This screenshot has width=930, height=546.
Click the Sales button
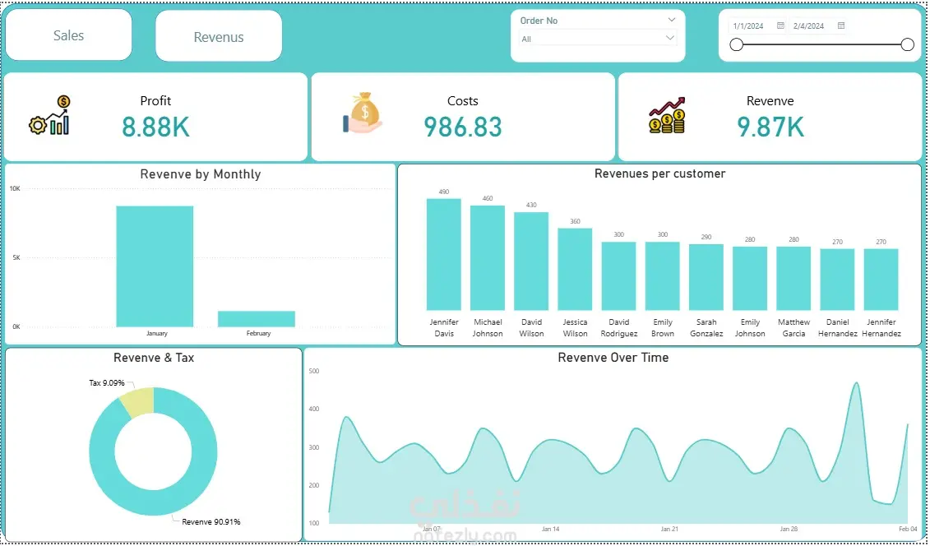(x=69, y=35)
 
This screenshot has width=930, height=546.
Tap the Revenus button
(x=219, y=37)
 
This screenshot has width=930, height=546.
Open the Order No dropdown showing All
(x=598, y=39)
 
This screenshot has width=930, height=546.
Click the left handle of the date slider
(x=737, y=45)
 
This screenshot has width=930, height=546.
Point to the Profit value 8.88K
(x=156, y=127)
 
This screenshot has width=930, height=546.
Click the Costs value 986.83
(x=463, y=127)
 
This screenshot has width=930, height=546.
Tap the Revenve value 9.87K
(x=770, y=127)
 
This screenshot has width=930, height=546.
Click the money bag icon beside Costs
(x=363, y=113)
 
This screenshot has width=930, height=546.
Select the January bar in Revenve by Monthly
(x=155, y=266)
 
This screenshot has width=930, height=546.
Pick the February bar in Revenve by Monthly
(x=257, y=318)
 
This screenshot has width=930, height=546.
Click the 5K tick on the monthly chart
(x=15, y=257)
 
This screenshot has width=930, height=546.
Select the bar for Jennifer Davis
(x=444, y=254)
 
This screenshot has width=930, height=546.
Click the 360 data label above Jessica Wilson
(x=575, y=222)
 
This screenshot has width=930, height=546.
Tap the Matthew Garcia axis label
(x=794, y=328)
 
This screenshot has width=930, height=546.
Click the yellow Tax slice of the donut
(x=137, y=400)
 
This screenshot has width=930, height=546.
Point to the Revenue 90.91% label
(x=211, y=522)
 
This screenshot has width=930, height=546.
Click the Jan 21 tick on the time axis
(x=669, y=530)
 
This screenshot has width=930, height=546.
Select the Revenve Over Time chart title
(x=613, y=358)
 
